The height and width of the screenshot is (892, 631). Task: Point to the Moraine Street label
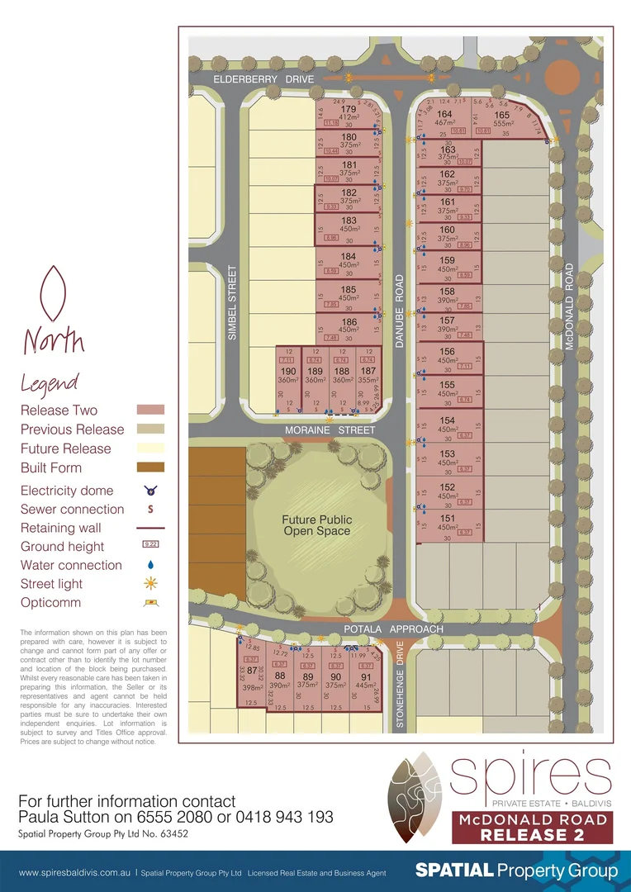click(330, 430)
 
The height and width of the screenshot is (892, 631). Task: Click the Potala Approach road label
click(393, 629)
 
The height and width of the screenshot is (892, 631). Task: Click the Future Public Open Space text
click(316, 525)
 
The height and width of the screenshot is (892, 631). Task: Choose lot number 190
click(288, 372)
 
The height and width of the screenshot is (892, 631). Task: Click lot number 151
click(447, 518)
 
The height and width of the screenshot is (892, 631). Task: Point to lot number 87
click(252, 671)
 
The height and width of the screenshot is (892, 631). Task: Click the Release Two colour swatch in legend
click(149, 410)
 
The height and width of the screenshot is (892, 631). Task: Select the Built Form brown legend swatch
click(149, 467)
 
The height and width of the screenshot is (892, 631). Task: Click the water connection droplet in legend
click(149, 565)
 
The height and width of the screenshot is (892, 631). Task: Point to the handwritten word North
click(54, 339)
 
